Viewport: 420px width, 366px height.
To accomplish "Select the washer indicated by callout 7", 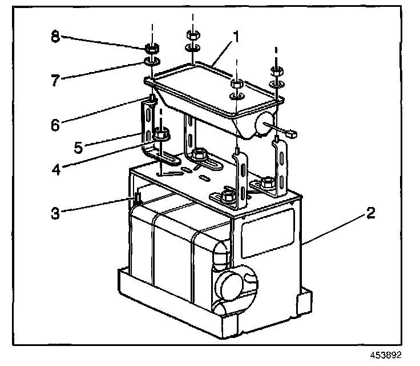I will (151, 61).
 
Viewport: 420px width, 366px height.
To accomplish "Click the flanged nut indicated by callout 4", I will (160, 136).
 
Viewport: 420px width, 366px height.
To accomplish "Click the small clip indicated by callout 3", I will (138, 200).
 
